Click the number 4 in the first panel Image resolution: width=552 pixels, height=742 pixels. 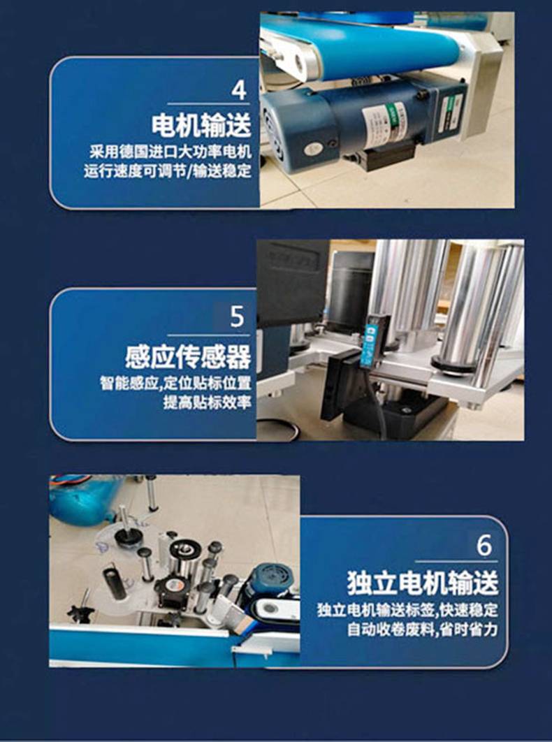tap(239, 90)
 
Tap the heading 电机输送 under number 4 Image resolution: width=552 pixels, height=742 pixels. tap(201, 125)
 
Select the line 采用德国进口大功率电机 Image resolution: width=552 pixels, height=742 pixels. tap(171, 152)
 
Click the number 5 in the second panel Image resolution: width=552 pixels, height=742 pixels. tap(237, 317)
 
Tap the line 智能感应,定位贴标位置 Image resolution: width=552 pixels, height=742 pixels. tap(175, 383)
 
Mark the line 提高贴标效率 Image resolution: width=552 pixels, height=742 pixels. tap(207, 402)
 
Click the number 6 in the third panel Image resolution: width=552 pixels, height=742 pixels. tap(484, 545)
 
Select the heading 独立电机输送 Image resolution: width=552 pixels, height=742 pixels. tap(423, 583)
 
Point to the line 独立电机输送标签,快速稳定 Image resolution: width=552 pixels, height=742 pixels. tap(407, 610)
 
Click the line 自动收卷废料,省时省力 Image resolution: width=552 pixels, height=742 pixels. tap(422, 630)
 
